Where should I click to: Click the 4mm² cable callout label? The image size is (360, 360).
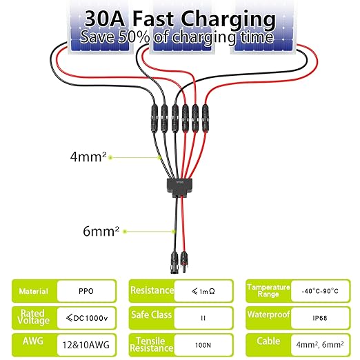(x=88, y=157)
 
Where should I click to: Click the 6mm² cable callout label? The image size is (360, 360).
(x=101, y=231)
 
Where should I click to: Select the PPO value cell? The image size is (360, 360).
(x=86, y=291)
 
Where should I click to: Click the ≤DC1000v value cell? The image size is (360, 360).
(x=86, y=318)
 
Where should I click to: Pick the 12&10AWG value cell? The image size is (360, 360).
(x=86, y=345)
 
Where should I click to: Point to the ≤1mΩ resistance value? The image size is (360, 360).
(x=203, y=291)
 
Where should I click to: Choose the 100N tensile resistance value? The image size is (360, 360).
(x=203, y=345)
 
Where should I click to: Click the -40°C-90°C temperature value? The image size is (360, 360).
(x=320, y=291)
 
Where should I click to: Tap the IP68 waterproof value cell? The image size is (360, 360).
(x=320, y=318)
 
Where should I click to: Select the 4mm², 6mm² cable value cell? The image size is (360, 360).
(x=320, y=345)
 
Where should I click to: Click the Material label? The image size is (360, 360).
(x=34, y=291)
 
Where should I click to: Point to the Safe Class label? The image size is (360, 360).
(x=152, y=314)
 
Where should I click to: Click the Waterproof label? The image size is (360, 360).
(x=268, y=314)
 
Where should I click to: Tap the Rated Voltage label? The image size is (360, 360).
(x=33, y=317)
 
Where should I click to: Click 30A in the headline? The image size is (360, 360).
(x=105, y=19)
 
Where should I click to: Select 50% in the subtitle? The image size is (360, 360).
(x=134, y=37)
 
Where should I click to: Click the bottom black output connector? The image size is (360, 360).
(x=174, y=262)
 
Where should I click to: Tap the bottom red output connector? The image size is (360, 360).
(x=184, y=262)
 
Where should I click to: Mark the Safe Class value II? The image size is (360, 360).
(x=203, y=318)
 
